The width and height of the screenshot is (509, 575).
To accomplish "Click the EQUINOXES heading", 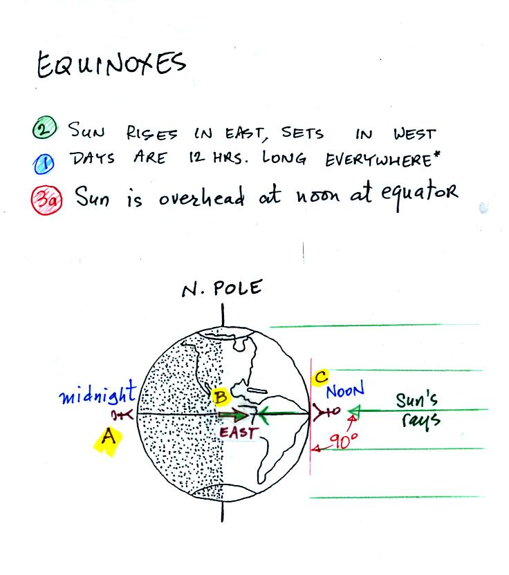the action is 111,64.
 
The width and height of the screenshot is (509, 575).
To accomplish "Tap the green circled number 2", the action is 44,128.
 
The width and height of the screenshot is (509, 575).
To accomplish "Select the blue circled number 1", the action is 44,164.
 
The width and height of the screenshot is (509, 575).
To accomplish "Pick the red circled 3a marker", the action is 46,200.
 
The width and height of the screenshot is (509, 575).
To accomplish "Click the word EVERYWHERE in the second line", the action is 382,160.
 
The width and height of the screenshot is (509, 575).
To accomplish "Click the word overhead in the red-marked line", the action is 202,196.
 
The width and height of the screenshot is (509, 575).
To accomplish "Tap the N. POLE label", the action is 223,288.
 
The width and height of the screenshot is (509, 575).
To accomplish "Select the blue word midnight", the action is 98,393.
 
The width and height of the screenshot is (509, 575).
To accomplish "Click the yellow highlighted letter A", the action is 107,439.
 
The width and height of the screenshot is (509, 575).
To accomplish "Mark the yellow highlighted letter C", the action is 320,377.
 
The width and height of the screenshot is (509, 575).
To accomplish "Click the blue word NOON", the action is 345,390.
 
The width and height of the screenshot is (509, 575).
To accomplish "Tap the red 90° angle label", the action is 344,440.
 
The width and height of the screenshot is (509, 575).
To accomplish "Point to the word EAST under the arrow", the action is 239,433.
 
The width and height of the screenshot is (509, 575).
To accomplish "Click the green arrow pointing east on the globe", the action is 232,416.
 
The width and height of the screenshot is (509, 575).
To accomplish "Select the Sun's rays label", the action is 418,411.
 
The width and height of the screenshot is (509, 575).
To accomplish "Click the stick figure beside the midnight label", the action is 122,415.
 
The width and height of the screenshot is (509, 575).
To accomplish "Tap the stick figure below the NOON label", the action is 326,411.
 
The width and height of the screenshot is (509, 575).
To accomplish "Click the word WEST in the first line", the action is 415,134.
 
